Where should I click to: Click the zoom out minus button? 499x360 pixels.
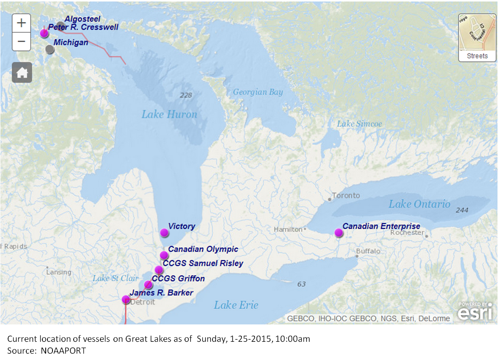22,42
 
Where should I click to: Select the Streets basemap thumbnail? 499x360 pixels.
477,38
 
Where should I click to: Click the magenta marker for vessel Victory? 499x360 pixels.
164,233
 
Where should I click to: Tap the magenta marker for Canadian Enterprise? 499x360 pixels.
338,233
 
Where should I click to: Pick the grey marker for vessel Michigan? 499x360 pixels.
50,49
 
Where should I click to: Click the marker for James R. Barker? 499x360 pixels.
126,299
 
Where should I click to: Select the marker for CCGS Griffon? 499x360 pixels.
148,285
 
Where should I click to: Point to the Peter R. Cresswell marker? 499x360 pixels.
44,33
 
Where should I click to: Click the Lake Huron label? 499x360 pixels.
169,114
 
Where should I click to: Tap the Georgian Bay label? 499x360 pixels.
258,92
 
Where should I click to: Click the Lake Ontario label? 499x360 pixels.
419,204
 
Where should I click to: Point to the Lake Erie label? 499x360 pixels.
236,305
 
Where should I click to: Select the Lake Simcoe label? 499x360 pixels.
359,124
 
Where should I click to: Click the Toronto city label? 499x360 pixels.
346,196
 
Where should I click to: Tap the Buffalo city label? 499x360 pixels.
368,251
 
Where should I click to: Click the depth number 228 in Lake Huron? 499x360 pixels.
185,94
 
